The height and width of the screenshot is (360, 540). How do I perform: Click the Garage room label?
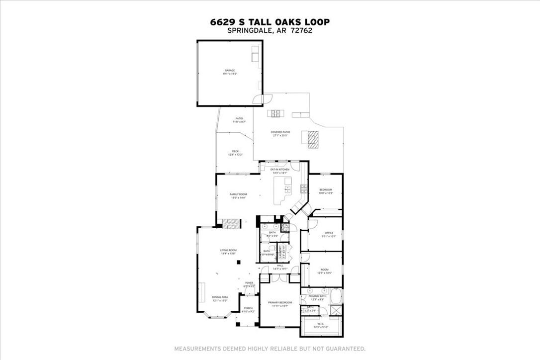[x=229, y=71]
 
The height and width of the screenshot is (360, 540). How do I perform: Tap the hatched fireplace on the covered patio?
[x=311, y=139]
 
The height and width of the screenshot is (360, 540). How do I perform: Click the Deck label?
[x=235, y=152]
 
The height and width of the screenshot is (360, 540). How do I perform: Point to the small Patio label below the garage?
[x=239, y=118]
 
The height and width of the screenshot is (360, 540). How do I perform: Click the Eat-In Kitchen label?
[x=280, y=170]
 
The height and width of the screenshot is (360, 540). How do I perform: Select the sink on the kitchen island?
[x=288, y=189]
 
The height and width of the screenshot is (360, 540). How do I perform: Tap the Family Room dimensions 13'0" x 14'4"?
[x=239, y=198]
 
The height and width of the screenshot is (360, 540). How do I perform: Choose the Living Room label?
[x=228, y=250]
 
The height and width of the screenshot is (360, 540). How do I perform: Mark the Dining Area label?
[x=220, y=297]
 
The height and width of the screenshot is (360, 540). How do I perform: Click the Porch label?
[x=248, y=308]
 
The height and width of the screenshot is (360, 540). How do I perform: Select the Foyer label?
[x=249, y=283]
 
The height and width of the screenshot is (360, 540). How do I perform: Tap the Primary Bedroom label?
[x=280, y=302]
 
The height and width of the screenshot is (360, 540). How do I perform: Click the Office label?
[x=328, y=233]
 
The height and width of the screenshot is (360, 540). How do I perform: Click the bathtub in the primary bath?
[x=337, y=297]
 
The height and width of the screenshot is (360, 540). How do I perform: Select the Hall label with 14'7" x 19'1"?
[x=280, y=266]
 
